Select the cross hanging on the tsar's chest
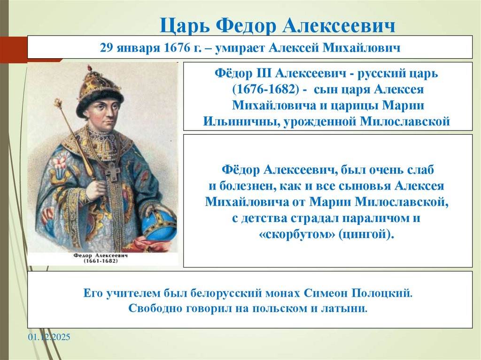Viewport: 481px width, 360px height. tap(113, 172)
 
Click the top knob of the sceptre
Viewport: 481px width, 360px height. tap(58, 103)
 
